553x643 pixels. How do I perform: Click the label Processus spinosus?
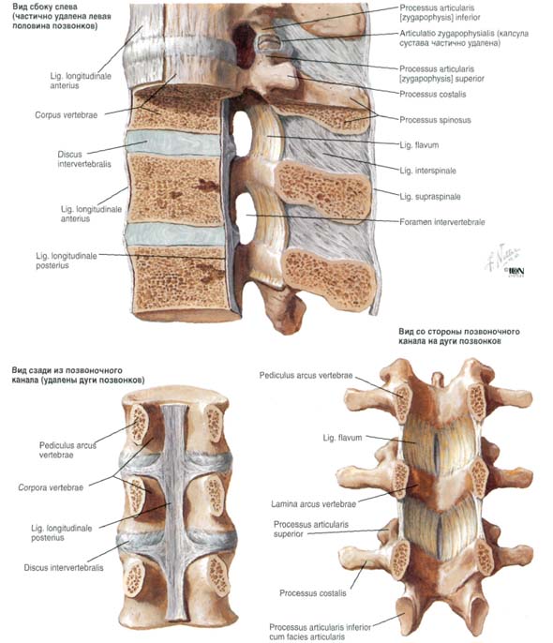[435, 120]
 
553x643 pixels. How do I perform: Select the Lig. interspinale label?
[427, 171]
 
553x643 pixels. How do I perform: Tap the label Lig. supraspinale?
[430, 197]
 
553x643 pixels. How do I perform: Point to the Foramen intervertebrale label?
[441, 222]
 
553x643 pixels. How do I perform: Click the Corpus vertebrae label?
[66, 115]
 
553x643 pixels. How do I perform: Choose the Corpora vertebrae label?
[51, 487]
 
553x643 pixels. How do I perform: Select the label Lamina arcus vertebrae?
[313, 504]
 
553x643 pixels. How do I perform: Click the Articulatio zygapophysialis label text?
[464, 38]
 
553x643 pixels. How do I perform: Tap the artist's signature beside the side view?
[503, 261]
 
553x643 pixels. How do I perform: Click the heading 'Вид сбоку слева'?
[45, 7]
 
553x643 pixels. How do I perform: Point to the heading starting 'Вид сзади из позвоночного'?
[78, 375]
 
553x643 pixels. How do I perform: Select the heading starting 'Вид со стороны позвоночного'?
[459, 336]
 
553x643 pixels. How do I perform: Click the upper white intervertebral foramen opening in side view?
[242, 132]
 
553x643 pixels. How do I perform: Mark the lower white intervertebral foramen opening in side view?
[246, 218]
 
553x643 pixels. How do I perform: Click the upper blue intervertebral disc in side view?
[173, 143]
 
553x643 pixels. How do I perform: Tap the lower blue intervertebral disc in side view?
[175, 234]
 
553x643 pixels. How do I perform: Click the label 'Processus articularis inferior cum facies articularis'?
[320, 632]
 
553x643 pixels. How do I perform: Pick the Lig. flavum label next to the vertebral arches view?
[342, 438]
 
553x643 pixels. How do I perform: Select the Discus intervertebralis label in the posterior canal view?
[64, 568]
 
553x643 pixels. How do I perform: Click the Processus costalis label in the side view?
[432, 95]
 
